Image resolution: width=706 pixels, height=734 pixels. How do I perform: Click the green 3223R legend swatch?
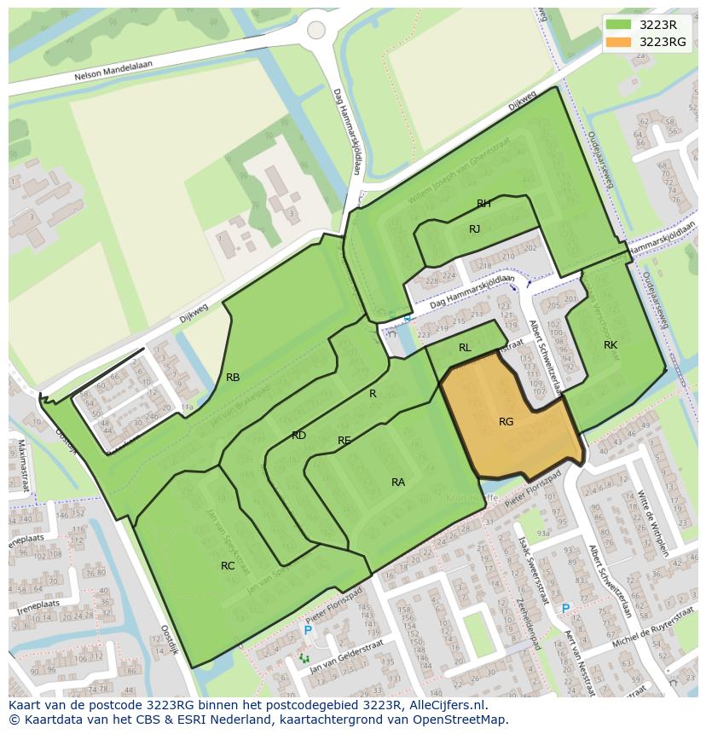[x=619, y=25]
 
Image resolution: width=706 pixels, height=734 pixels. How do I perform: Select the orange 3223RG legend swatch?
[x=619, y=42]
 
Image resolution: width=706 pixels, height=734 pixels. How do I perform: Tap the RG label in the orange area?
[x=506, y=421]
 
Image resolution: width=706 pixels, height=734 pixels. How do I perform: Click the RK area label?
[x=611, y=345]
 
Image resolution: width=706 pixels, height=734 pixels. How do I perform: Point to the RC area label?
[x=228, y=565]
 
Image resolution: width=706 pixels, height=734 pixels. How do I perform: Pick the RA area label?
[x=398, y=483]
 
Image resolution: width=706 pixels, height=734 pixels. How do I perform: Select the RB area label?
[x=233, y=378]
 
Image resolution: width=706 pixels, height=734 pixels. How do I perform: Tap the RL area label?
[x=465, y=348]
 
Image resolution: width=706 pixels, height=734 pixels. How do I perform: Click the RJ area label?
[x=475, y=229]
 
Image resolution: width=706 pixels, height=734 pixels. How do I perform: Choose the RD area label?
[x=298, y=436]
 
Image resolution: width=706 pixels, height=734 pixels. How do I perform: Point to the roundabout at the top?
[x=316, y=30]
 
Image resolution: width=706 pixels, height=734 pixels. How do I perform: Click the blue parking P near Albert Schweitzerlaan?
[x=564, y=609]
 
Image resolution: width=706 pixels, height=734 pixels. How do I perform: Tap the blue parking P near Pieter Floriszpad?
[x=308, y=630]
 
